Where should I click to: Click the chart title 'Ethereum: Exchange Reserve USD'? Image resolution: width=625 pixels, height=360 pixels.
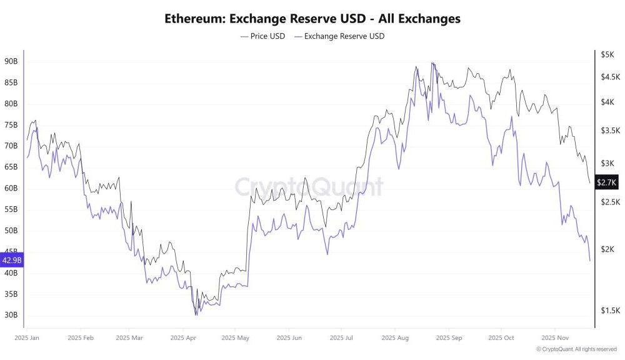(312, 19)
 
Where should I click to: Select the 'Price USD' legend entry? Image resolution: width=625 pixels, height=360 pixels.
(262, 36)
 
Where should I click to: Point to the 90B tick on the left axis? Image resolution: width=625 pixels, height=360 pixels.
(11, 61)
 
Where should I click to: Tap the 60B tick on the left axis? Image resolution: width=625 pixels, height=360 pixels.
(11, 188)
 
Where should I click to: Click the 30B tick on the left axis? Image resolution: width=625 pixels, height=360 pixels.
(11, 315)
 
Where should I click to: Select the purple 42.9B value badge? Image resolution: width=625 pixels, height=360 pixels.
(12, 260)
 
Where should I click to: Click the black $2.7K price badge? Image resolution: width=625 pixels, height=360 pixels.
(606, 182)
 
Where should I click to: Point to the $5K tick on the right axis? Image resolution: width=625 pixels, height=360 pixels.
(607, 55)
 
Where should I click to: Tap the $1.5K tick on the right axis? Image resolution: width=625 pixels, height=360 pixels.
(609, 311)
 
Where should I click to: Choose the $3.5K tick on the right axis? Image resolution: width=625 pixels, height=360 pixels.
(609, 131)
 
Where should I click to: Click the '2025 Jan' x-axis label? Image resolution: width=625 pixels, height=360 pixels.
(26, 337)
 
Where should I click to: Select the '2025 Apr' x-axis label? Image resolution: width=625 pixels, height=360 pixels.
(182, 337)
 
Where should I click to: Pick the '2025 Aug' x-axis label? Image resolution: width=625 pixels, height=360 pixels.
(395, 337)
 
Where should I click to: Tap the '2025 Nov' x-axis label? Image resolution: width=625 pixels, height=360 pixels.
(554, 337)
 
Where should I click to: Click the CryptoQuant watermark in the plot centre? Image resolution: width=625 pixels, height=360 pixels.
(309, 186)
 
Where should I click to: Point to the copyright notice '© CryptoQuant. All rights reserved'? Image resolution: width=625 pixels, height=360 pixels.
(576, 349)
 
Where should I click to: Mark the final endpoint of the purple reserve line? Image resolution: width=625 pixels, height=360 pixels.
(590, 261)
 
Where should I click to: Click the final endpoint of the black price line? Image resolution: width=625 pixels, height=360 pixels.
(590, 183)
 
